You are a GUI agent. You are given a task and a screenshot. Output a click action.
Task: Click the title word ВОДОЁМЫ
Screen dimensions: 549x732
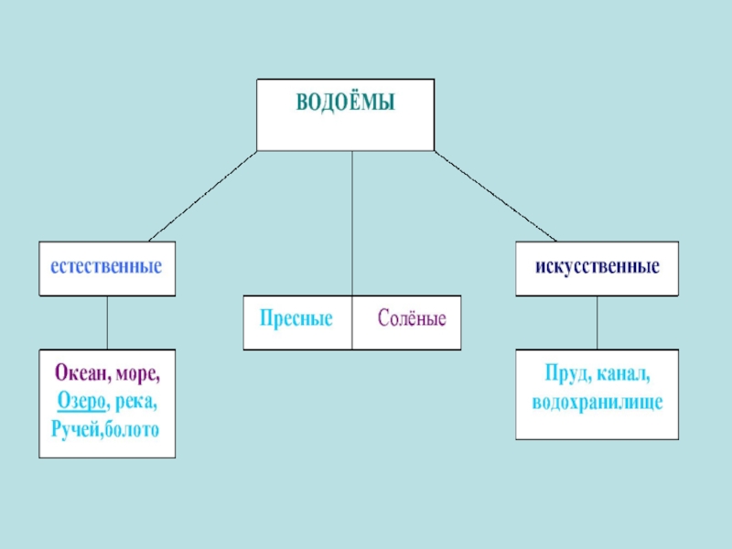[345, 103]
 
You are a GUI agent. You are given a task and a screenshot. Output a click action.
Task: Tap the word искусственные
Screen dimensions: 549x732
[597, 267]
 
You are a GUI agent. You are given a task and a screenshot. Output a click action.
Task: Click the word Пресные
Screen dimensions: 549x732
[296, 320]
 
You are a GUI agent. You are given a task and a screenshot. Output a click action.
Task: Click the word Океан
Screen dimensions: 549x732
[80, 375]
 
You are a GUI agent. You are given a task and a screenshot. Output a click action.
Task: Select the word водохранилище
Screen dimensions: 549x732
[597, 402]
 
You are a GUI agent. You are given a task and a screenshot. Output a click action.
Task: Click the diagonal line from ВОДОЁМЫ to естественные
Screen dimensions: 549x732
[202, 196]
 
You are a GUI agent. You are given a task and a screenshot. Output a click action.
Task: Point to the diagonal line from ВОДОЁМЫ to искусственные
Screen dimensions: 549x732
[495, 196]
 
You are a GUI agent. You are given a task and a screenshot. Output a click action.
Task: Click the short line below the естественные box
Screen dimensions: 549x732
[107, 322]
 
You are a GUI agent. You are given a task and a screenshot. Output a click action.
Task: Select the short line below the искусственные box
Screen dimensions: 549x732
[597, 322]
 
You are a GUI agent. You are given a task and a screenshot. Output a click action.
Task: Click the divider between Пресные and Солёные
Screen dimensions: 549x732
[352, 322]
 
